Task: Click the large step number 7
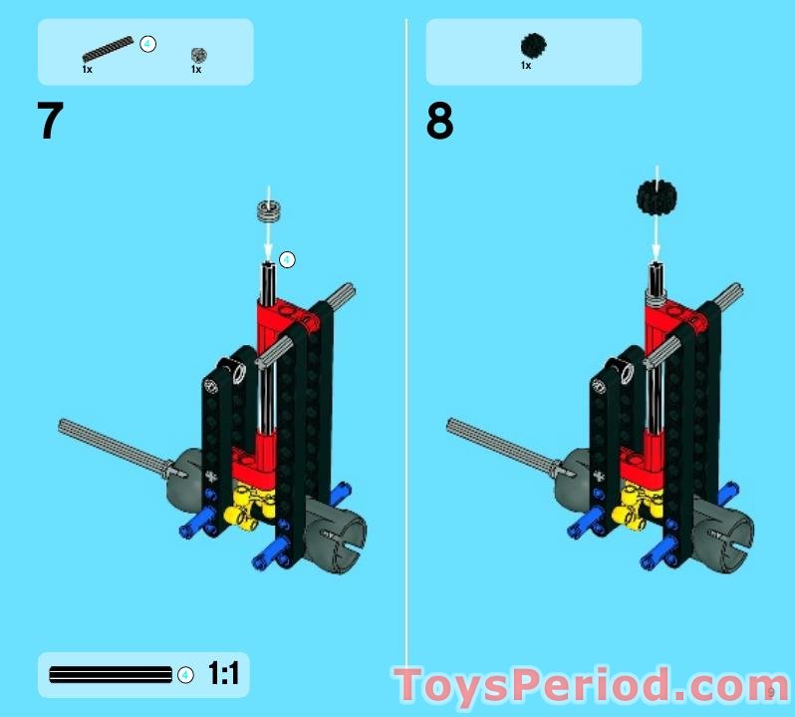click(50, 120)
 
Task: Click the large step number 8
click(439, 121)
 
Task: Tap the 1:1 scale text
click(223, 673)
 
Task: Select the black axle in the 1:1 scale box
click(111, 674)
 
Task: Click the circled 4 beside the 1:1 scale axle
click(185, 675)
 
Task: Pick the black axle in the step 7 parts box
click(108, 49)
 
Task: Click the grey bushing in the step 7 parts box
click(199, 55)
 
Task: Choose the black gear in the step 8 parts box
click(533, 46)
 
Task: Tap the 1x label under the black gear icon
click(526, 66)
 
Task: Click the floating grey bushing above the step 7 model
click(269, 210)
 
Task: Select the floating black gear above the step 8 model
click(657, 197)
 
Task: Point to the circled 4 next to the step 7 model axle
click(287, 260)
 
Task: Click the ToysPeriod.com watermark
click(591, 685)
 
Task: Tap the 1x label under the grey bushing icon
click(196, 69)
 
